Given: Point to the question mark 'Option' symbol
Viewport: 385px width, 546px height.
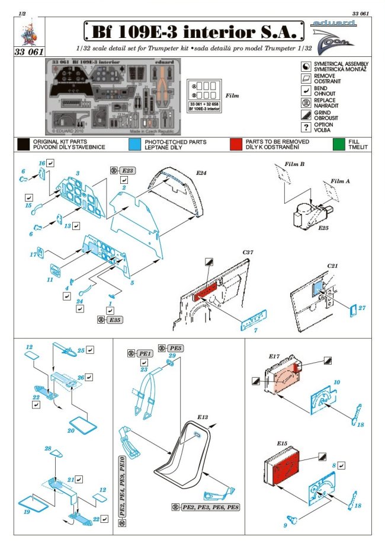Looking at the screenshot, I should (306, 127).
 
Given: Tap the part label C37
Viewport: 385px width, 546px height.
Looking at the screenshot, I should (248, 253).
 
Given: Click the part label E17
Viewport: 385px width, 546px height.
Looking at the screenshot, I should (274, 356).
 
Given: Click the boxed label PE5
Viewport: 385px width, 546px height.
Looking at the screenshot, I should (176, 347).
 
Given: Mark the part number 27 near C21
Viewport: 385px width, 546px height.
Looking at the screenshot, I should (362, 308).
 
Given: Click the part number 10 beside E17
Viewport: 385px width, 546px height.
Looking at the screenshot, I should (336, 384).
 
